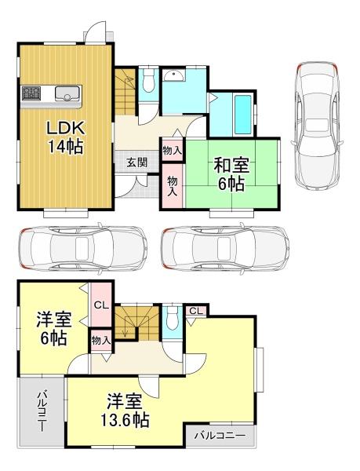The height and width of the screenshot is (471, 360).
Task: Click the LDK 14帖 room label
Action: [65, 137]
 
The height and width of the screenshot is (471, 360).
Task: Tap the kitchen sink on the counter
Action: [67, 93]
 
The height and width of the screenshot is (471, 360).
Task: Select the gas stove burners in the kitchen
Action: [31, 93]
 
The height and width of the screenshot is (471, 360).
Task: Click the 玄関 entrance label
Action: [136, 162]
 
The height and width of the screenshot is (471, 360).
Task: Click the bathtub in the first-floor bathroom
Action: [242, 115]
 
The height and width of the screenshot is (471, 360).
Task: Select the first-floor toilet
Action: [148, 81]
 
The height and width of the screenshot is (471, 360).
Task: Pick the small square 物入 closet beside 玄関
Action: [173, 151]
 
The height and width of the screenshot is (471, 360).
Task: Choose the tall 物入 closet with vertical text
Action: [173, 186]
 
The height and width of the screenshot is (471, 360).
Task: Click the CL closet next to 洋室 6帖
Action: [101, 305]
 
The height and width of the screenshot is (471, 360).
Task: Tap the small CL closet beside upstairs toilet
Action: [196, 311]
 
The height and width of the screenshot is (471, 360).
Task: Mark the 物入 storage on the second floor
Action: [101, 341]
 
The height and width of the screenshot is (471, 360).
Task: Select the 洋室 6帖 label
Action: [54, 329]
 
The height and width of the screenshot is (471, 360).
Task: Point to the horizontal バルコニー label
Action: [220, 435]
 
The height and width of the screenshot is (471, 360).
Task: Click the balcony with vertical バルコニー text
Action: [42, 412]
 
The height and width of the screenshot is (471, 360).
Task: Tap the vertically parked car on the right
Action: [318, 126]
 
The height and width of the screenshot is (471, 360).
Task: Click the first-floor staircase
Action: [125, 92]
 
